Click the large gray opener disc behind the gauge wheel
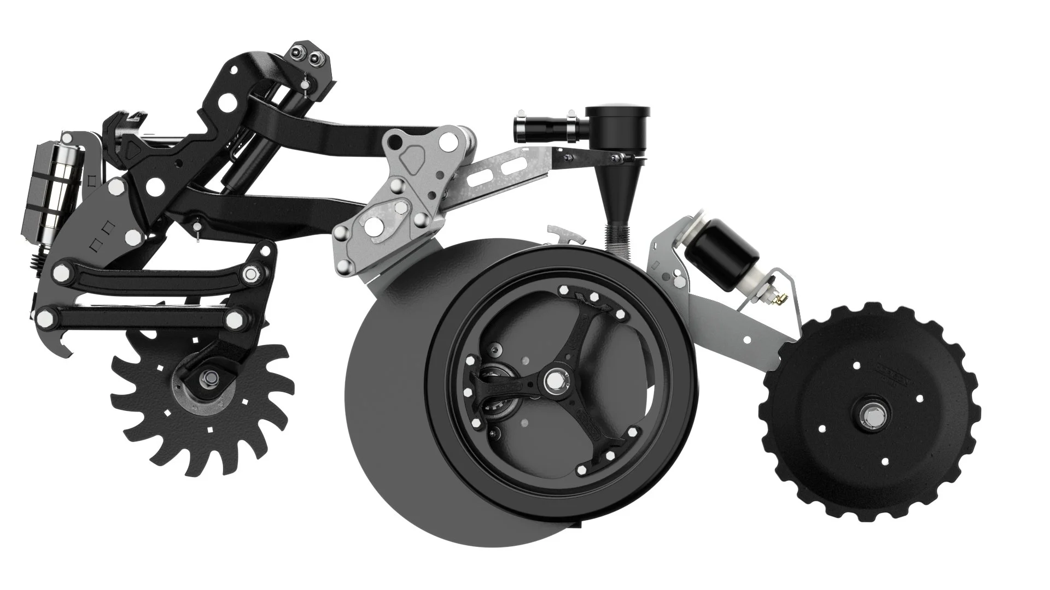tap(383, 426)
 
